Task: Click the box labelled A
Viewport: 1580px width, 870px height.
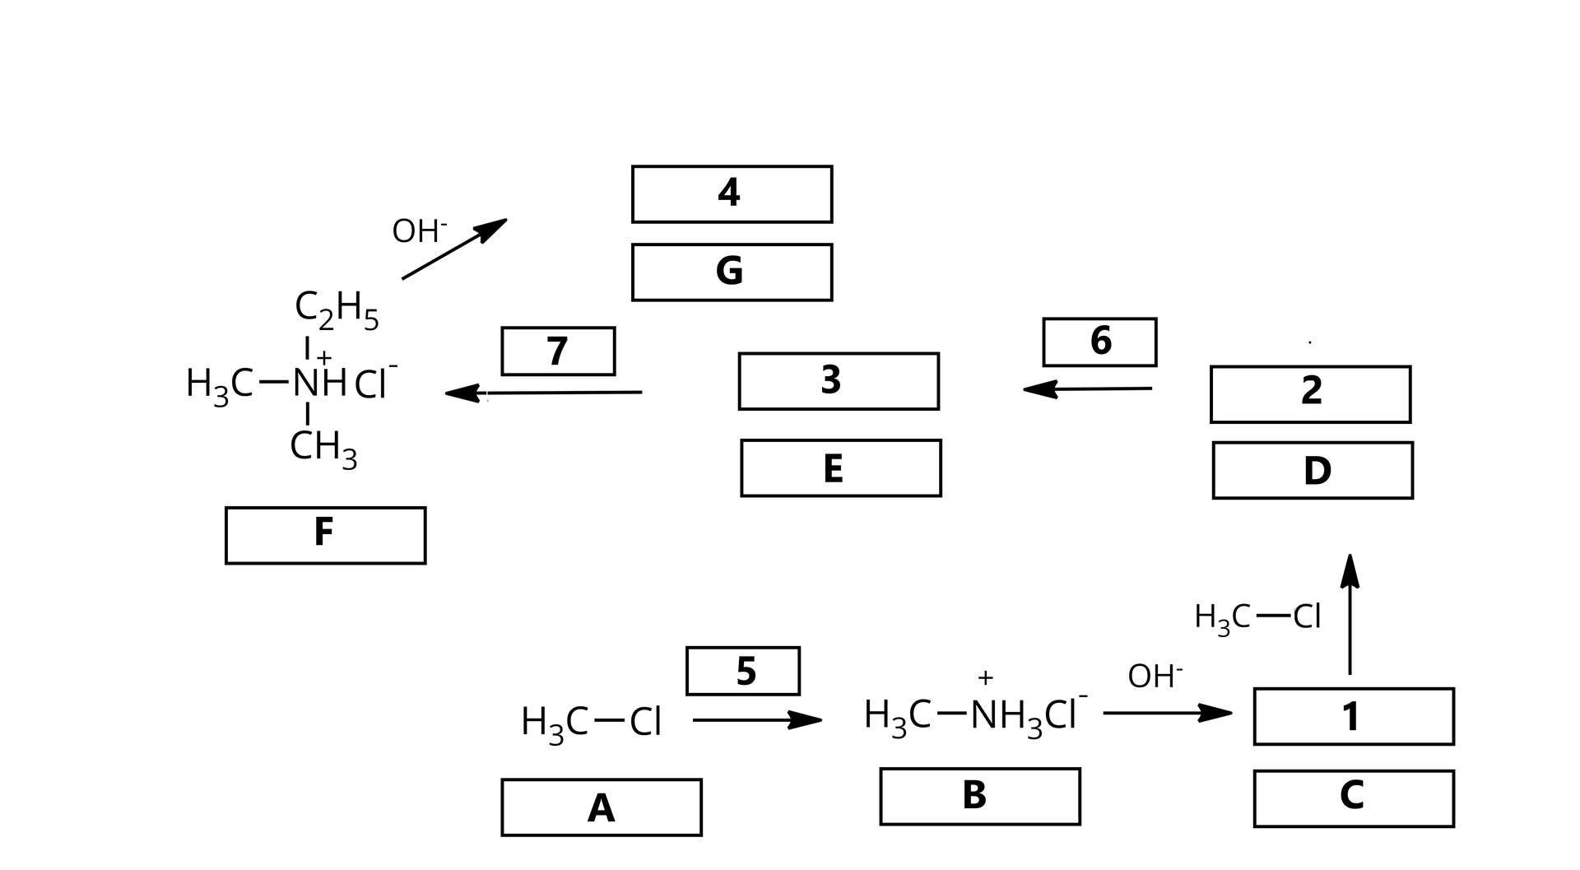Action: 602,807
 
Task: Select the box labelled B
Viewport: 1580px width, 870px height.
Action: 979,796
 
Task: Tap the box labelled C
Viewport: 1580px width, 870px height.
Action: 1354,798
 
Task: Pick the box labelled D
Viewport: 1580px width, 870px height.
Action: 1313,470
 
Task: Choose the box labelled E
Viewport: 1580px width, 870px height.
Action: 840,468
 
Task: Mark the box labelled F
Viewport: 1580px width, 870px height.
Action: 325,535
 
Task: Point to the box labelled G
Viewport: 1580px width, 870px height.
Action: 732,272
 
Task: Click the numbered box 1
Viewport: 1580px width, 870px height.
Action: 1354,716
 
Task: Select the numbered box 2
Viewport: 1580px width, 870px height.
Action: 1310,394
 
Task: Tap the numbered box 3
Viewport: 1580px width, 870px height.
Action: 839,381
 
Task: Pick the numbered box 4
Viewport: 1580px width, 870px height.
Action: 732,194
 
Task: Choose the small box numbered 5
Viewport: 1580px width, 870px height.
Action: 742,671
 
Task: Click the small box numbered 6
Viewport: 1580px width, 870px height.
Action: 1099,342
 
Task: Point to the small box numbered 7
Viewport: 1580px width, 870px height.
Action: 558,351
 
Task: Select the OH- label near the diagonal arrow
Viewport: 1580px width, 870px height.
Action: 419,231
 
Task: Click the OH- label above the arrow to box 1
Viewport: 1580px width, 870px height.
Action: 1155,676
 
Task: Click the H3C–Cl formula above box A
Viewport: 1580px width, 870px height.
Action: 591,723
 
